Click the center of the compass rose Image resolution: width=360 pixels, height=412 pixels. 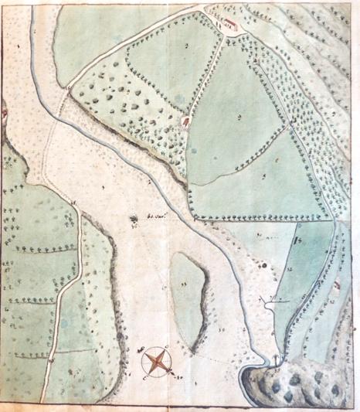coord(158,361)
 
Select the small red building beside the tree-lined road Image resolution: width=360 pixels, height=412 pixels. coord(186,121)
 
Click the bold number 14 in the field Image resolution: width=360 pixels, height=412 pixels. coord(298,245)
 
